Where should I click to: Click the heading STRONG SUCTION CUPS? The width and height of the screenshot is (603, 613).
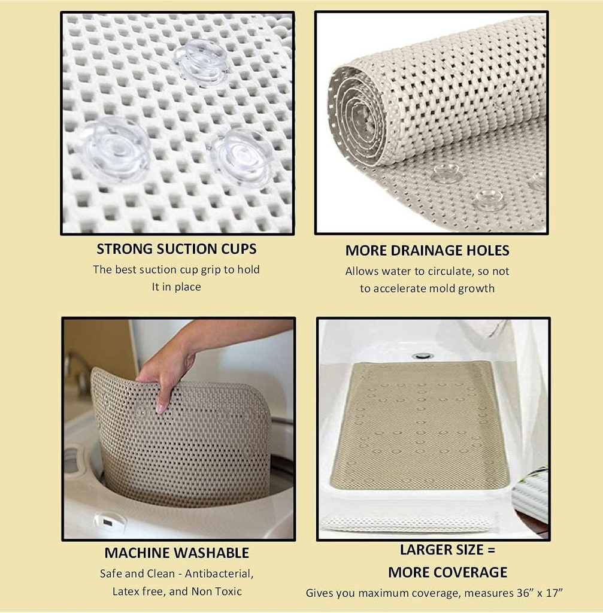177,249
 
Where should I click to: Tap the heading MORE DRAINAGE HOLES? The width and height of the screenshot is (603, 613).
427,250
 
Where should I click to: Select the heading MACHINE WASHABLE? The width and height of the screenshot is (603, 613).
177,553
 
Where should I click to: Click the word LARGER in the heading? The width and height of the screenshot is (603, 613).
426,550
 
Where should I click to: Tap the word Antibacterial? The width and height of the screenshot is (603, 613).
219,573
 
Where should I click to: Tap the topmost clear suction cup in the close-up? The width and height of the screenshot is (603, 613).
202,62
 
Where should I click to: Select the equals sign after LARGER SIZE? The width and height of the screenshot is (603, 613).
491,550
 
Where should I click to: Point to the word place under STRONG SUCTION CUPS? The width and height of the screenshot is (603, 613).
187,287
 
